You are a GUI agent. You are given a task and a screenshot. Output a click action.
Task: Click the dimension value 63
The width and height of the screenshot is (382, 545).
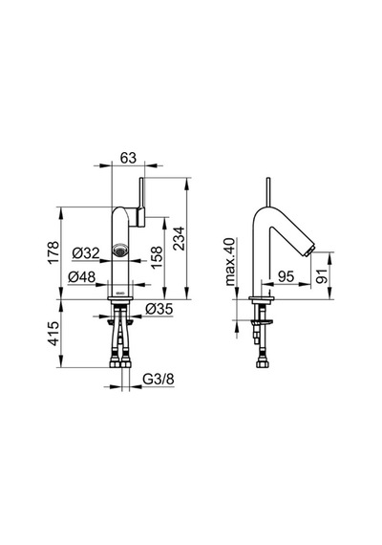[x=129, y=158]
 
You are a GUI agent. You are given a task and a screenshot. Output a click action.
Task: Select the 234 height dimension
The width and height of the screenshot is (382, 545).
[x=180, y=238]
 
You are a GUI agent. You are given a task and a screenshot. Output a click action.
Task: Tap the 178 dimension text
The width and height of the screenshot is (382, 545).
[x=53, y=252]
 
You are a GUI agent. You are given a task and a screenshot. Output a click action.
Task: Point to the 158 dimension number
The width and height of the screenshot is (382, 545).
[x=157, y=257]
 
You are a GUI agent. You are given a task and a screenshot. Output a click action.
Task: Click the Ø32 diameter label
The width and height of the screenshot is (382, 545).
[x=86, y=253]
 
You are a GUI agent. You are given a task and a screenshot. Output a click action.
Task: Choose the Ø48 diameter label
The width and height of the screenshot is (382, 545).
[x=81, y=277]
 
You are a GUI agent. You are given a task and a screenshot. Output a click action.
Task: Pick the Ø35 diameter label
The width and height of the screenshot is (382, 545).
[x=159, y=309]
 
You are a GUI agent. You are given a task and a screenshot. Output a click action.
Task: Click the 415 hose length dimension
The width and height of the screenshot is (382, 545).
[x=53, y=334]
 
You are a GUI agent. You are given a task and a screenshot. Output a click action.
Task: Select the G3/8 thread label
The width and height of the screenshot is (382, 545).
[x=159, y=380]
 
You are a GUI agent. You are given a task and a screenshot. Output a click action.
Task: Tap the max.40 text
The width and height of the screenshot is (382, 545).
[x=230, y=262]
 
